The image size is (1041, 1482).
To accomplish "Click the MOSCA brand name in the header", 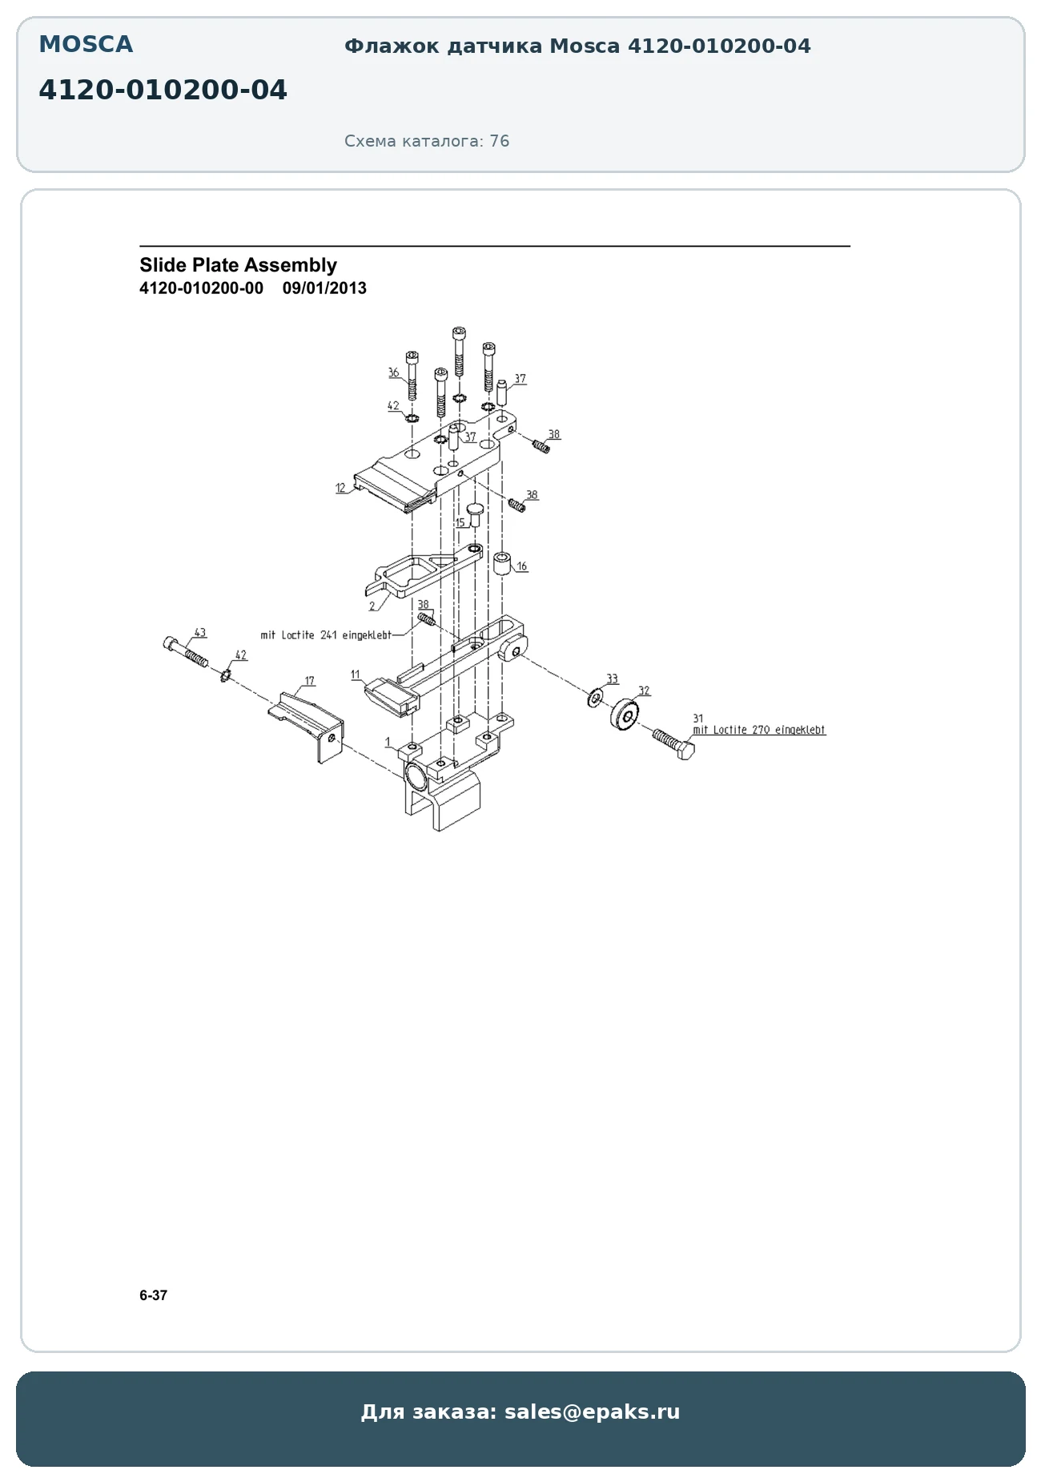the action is click(x=86, y=45).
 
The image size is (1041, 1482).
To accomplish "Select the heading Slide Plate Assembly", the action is click(x=238, y=265).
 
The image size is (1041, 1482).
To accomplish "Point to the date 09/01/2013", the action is click(x=324, y=288).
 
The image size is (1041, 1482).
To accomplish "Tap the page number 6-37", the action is click(x=153, y=1295).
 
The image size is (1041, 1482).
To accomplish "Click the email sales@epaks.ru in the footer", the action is click(x=592, y=1412).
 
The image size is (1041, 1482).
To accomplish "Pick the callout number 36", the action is click(x=393, y=373).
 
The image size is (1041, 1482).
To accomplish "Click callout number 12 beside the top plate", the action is click(x=340, y=487).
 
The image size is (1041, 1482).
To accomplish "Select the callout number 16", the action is click(x=522, y=566).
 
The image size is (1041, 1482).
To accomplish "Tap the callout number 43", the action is click(x=200, y=633).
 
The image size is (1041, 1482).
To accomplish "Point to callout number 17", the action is click(x=309, y=681).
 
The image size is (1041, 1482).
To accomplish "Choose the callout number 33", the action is click(x=612, y=679).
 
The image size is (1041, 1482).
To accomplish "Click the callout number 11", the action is click(x=356, y=675).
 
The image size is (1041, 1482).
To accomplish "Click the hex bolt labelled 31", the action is click(x=673, y=744).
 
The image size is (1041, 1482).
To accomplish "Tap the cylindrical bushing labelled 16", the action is click(x=502, y=563).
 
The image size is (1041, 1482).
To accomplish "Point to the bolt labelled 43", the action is click(x=185, y=650).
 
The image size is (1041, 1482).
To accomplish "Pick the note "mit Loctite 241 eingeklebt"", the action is click(x=326, y=635).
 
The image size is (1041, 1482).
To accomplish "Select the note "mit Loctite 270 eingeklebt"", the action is click(x=759, y=730).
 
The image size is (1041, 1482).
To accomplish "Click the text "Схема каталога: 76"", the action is click(x=427, y=141).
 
